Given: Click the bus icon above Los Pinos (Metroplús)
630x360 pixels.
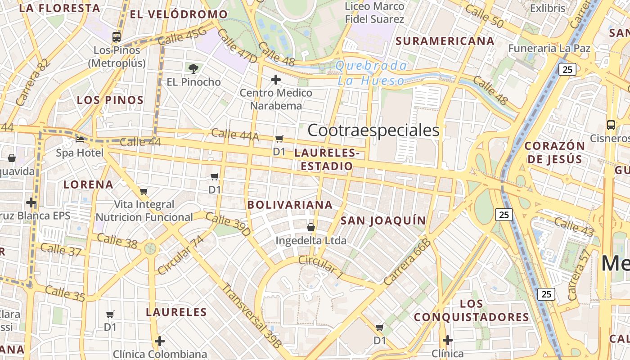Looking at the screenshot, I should (117, 36).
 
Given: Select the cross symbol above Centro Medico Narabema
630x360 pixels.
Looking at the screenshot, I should (275, 80).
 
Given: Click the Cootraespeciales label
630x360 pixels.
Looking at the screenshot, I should (373, 130).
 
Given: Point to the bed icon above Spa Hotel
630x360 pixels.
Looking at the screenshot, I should (80, 139).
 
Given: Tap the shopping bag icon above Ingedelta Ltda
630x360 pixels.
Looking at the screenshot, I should (311, 227).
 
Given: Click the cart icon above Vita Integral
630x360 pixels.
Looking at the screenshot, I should (144, 192).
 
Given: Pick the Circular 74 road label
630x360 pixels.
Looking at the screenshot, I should (180, 255).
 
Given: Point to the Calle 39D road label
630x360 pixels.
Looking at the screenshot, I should (228, 224).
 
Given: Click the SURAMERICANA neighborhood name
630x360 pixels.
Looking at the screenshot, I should (445, 41).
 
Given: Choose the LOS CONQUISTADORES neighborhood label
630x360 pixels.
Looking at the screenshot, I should (471, 310).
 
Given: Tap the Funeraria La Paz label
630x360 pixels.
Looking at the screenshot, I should (549, 48).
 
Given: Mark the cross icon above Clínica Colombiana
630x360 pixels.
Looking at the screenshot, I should (160, 341).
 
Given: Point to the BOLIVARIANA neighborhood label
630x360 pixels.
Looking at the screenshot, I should (290, 205).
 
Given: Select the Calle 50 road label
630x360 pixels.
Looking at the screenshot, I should (484, 16).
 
